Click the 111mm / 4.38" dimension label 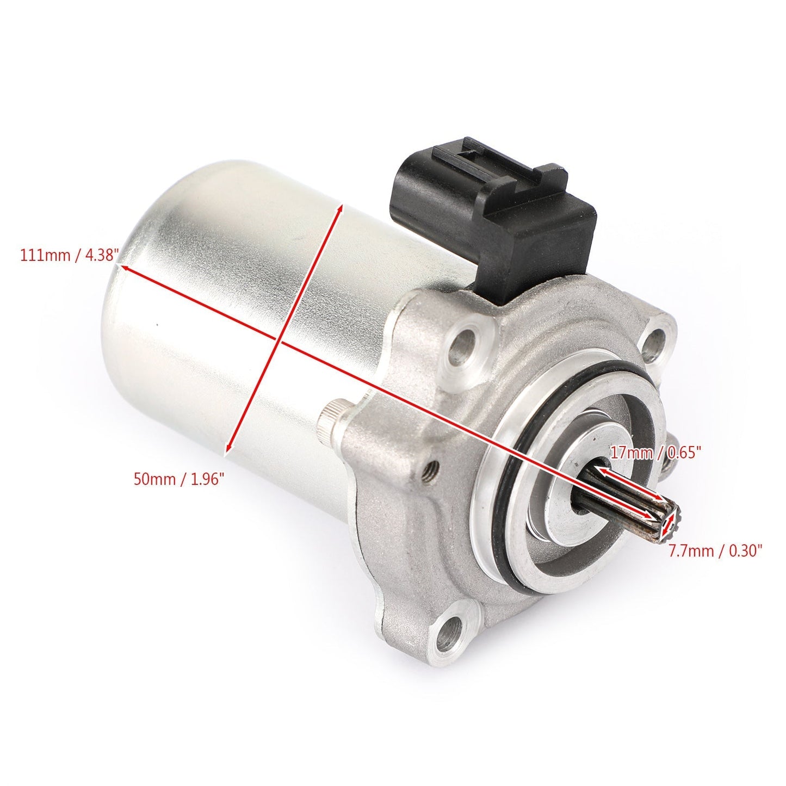(69, 254)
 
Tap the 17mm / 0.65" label (655, 452)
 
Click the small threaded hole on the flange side (432, 466)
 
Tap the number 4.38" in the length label (101, 254)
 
